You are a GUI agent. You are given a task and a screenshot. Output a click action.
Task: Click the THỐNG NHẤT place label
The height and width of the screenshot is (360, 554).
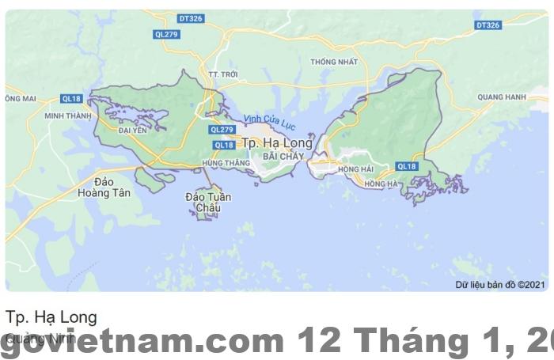[x=334, y=62]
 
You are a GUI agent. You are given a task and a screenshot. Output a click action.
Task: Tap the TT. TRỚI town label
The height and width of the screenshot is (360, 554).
[x=222, y=74]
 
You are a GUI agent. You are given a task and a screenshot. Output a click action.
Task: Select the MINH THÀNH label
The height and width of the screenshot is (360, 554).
[x=68, y=116]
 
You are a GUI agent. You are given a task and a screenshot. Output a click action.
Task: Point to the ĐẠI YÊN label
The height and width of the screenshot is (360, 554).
[x=133, y=131]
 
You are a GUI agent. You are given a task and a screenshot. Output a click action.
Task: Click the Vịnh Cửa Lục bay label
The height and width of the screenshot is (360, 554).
[x=269, y=122]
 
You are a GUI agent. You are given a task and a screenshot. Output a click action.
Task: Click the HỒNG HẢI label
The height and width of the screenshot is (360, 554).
[x=355, y=169]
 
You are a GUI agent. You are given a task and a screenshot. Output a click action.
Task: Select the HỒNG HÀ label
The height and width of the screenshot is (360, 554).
[x=381, y=184]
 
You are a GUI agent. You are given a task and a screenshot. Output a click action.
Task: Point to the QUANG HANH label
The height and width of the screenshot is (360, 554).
[x=502, y=97]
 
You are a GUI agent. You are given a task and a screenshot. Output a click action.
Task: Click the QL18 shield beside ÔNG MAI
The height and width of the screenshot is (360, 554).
[x=70, y=99]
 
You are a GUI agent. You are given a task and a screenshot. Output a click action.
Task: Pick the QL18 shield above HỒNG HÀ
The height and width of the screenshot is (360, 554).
[x=407, y=166]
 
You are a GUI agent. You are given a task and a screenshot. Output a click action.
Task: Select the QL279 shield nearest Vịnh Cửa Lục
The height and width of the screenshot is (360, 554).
[x=222, y=130]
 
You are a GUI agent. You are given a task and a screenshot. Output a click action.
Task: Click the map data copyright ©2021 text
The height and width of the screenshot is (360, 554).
[x=500, y=284]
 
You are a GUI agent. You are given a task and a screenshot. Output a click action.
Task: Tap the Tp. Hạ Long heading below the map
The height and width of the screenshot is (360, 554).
[x=51, y=317]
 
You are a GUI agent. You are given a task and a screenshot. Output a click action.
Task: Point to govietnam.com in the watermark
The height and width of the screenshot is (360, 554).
[x=142, y=341]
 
